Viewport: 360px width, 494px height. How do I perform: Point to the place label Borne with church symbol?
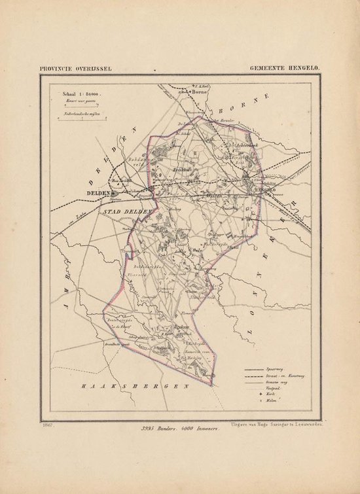[198, 93]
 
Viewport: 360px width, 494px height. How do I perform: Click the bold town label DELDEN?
[97, 194]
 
